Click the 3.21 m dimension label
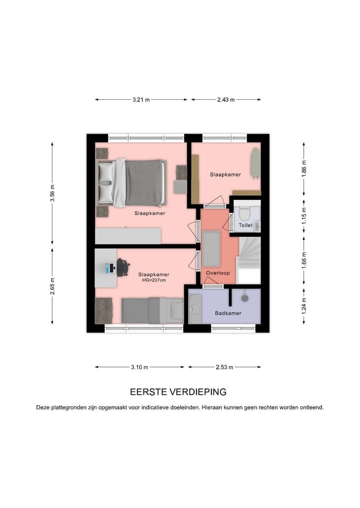tap(141, 100)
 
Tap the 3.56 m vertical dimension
tap(52, 193)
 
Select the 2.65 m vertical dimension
tap(52, 286)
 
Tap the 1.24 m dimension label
tap(304, 304)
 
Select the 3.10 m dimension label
tap(139, 367)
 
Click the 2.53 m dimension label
tap(225, 367)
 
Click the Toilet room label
tap(245, 226)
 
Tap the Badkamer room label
tap(228, 313)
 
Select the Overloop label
tap(217, 273)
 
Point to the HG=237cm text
tap(153, 280)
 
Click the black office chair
tap(122, 267)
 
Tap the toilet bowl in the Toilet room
tap(244, 213)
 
